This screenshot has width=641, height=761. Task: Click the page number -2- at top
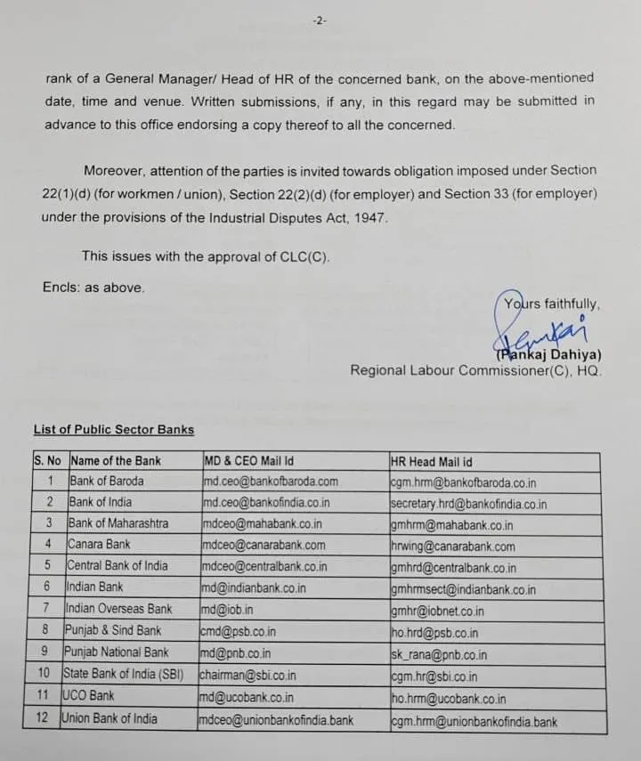pos(320,20)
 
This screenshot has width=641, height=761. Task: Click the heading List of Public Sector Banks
pos(113,430)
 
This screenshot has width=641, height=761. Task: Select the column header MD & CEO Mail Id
pos(248,461)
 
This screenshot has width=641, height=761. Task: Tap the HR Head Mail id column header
pos(431,461)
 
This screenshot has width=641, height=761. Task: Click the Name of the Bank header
pos(115,461)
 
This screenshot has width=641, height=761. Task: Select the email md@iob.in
pos(226,610)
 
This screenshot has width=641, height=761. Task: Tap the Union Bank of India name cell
pos(109,718)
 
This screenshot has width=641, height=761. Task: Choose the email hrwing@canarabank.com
pos(452,546)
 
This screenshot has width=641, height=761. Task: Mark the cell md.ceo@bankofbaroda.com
pos(271,482)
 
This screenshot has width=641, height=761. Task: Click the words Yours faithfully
pos(551,304)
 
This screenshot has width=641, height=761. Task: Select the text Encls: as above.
pos(93,287)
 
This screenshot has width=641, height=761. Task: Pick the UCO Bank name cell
pos(88,696)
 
